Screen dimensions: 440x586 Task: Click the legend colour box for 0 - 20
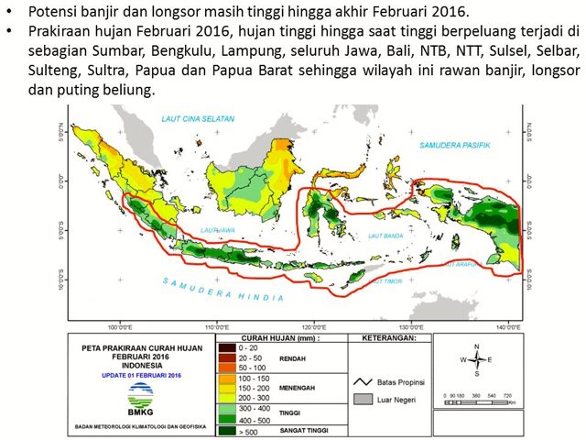[x=224, y=348]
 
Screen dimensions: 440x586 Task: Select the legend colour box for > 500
[x=224, y=428]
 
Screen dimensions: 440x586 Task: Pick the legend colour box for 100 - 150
[x=224, y=377]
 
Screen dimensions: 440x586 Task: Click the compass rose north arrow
[x=476, y=349]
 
